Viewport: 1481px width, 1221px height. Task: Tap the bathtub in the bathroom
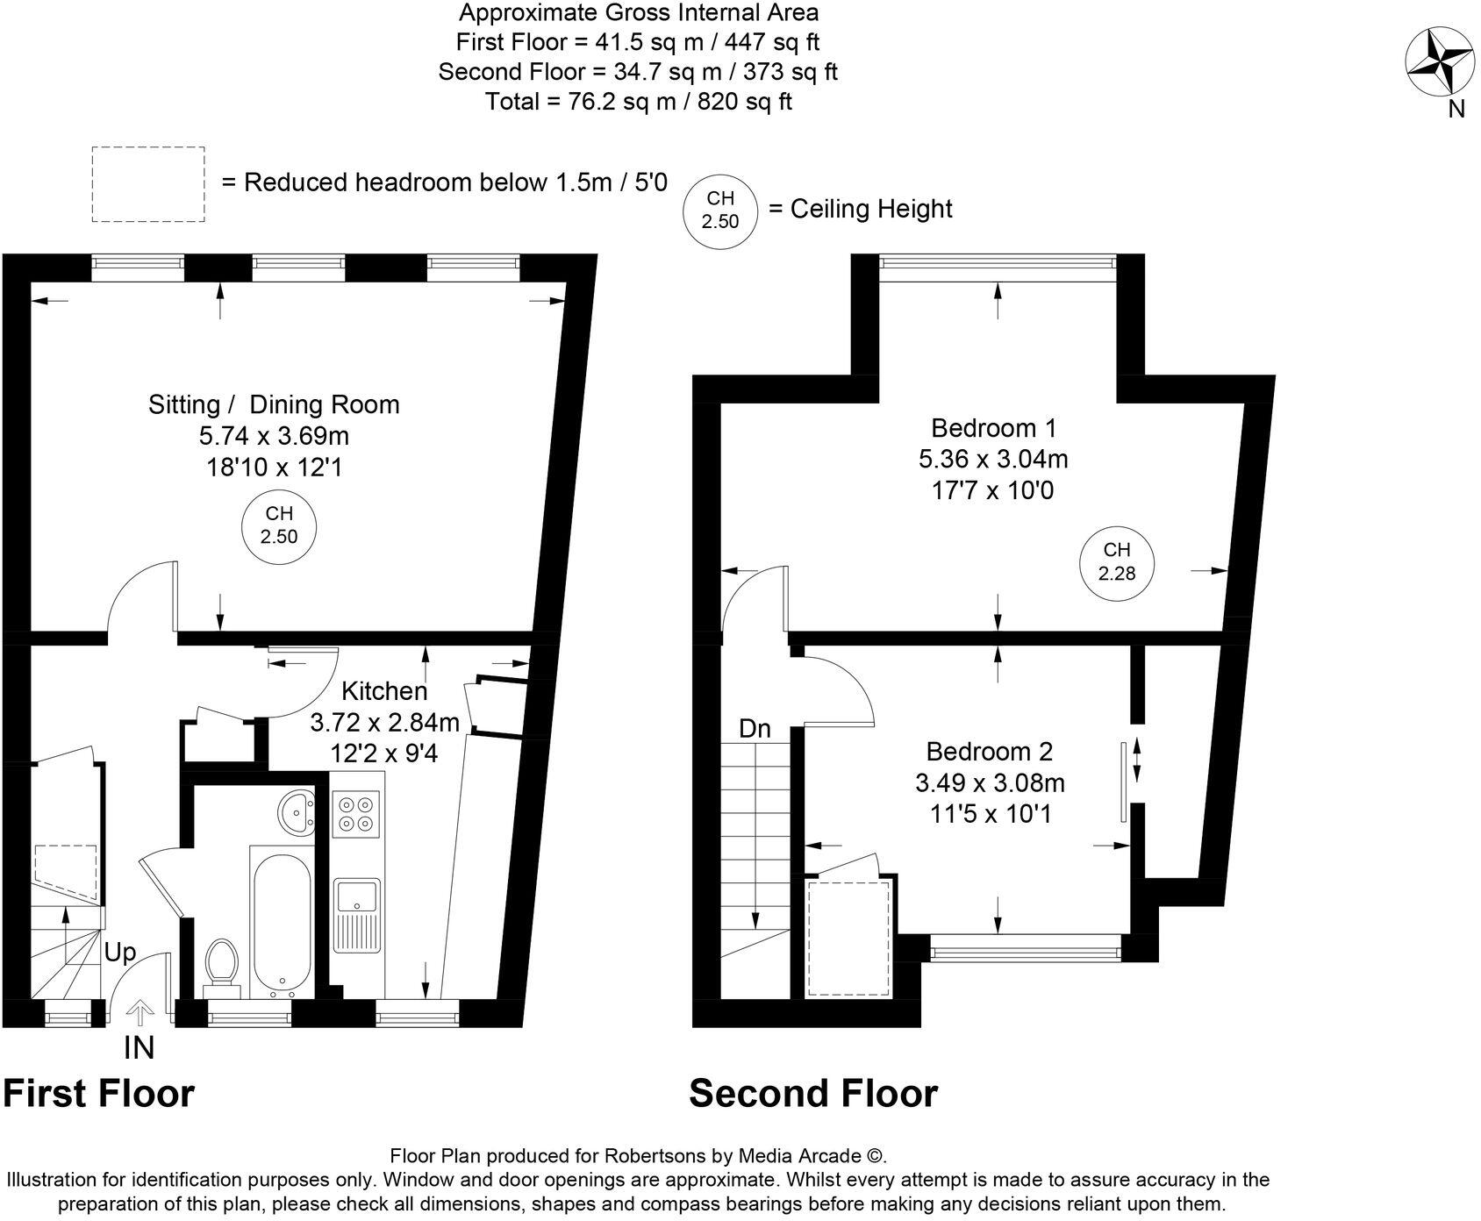(281, 922)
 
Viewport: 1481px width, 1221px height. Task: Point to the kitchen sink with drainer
(358, 914)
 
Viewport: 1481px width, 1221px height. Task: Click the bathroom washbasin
(296, 812)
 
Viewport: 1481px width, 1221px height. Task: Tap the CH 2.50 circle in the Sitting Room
(278, 525)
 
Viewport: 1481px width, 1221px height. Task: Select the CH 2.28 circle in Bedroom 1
(1116, 562)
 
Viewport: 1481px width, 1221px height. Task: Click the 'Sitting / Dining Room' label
(274, 404)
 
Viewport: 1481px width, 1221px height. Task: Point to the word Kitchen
(383, 691)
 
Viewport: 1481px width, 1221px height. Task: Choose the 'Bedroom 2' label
(990, 752)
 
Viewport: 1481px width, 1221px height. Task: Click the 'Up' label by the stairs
(121, 953)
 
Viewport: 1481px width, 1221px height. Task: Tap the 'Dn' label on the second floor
(755, 728)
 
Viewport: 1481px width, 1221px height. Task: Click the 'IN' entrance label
(140, 1047)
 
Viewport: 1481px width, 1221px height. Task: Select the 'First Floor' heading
(99, 1094)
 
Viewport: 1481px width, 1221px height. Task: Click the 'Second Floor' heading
(813, 1094)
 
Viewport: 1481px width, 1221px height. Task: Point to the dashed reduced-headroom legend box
(148, 184)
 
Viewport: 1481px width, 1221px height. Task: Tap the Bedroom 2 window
(1026, 948)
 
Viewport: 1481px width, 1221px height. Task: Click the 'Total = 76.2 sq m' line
(639, 102)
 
